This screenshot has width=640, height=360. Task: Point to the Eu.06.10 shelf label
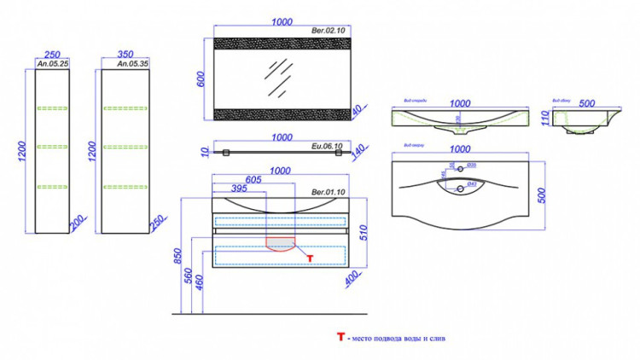pos(329,146)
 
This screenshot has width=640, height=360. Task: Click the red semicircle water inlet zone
pos(281,243)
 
